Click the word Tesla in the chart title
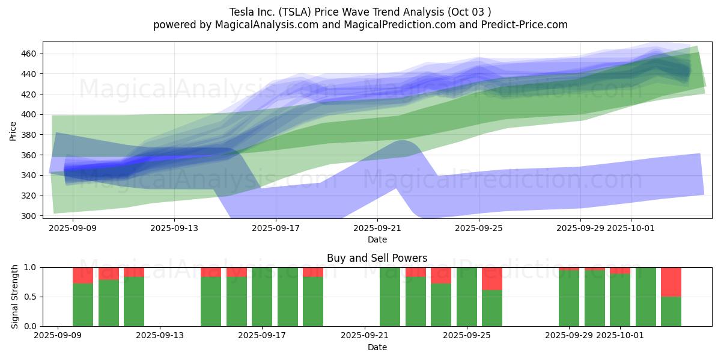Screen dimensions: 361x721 (242, 12)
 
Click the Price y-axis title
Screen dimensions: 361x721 (13, 131)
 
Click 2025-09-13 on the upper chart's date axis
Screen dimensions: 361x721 (174, 228)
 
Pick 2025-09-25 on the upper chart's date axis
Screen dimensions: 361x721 (479, 228)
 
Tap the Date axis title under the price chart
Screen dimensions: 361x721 (377, 239)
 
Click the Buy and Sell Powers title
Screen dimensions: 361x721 (377, 258)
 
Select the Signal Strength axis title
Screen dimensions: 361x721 (15, 297)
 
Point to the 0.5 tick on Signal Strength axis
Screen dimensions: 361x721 (29, 297)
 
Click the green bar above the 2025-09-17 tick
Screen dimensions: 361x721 (262, 297)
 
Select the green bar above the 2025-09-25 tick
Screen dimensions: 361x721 (467, 297)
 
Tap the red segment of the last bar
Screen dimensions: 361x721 (671, 282)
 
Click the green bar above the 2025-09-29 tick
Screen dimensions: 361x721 (569, 298)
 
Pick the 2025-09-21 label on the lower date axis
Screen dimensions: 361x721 (365, 336)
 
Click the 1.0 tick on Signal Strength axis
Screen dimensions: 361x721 (29, 267)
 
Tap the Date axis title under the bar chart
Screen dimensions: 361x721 (377, 347)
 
